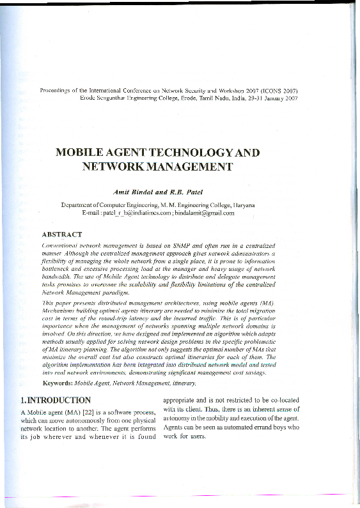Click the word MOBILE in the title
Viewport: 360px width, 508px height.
(82, 154)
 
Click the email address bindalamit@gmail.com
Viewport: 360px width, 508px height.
(206, 213)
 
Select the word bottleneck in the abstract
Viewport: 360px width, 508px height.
(57, 261)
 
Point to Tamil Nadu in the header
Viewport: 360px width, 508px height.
(208, 100)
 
